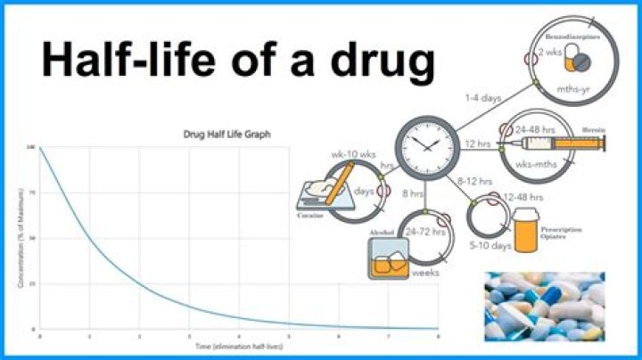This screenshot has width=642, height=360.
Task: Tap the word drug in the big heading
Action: tap(375, 61)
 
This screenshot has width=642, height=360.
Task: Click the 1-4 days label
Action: tap(482, 98)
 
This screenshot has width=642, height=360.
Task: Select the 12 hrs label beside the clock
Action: tap(478, 146)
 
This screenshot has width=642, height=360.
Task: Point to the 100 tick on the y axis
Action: tap(31, 148)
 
